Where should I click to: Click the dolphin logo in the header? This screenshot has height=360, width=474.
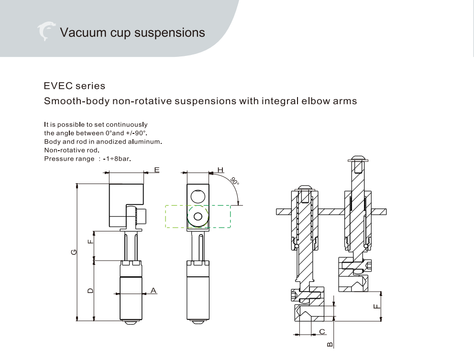pyautogui.click(x=46, y=32)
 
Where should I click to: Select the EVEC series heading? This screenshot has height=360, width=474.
pyautogui.click(x=74, y=86)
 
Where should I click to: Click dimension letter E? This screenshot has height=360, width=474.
pyautogui.click(x=157, y=170)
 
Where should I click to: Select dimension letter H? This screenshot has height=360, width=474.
pyautogui.click(x=220, y=170)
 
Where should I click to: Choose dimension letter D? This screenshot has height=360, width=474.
pyautogui.click(x=90, y=290)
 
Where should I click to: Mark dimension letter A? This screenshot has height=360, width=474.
pyautogui.click(x=154, y=290)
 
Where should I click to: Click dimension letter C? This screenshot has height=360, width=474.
pyautogui.click(x=322, y=331)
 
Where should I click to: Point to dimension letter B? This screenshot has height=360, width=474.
pyautogui.click(x=330, y=344)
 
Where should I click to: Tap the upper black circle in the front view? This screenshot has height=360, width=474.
pyautogui.click(x=198, y=196)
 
